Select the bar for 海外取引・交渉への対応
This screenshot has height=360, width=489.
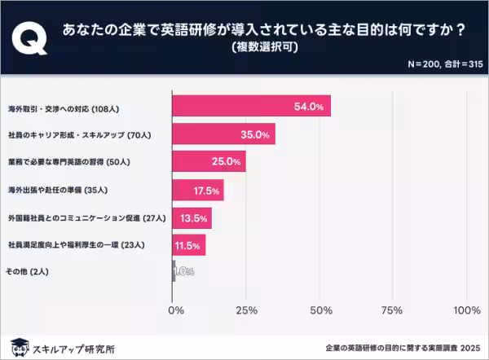point(251,106)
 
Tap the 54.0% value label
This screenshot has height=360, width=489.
point(312,106)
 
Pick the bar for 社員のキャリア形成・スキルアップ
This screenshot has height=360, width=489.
point(223,134)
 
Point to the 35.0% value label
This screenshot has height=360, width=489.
point(256,134)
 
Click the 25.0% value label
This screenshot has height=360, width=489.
point(227,162)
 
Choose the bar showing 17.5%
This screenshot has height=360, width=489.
point(198,190)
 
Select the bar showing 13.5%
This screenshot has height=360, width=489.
point(192,217)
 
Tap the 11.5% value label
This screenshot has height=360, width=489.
point(187,244)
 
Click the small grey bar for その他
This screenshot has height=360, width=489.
point(174,271)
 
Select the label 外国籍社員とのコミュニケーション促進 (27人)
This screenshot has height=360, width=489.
point(86,217)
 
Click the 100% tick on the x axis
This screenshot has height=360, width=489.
point(466,310)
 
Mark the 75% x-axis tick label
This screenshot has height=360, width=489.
point(394,310)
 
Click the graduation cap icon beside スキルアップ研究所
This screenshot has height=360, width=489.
point(19,345)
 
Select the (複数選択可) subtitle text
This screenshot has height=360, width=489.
point(265,47)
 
